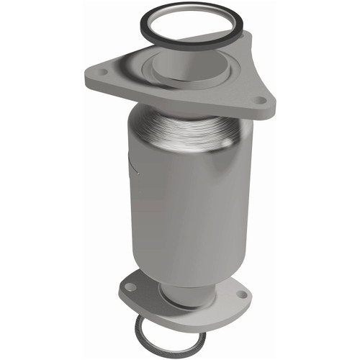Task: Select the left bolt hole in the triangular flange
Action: click(x=100, y=73)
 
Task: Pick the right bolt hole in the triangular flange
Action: click(x=257, y=100)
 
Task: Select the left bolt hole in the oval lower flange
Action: click(x=130, y=287)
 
